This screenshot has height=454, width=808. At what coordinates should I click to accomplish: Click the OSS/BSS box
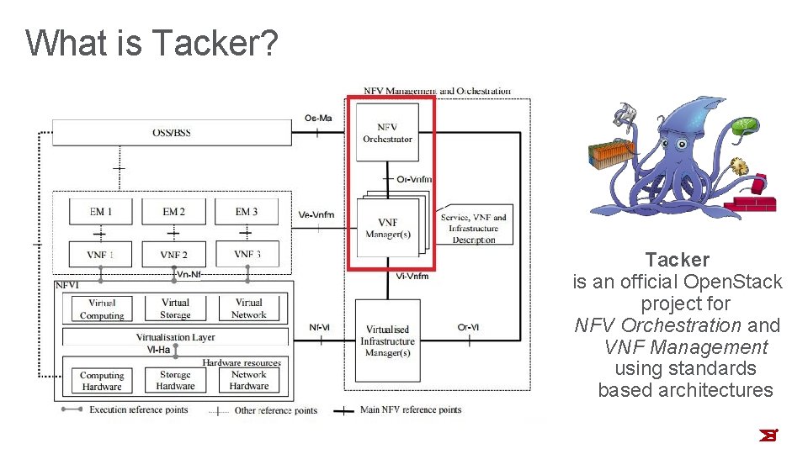click(x=172, y=132)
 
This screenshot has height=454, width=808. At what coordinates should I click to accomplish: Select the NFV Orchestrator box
click(x=387, y=133)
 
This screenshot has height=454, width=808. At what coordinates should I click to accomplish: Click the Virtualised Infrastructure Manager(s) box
click(x=387, y=341)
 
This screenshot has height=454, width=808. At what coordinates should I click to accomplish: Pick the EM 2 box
click(x=173, y=212)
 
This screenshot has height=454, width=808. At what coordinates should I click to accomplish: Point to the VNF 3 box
click(x=247, y=254)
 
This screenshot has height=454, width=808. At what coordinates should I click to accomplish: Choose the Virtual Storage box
click(x=175, y=309)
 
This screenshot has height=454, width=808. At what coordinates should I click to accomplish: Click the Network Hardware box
click(x=248, y=380)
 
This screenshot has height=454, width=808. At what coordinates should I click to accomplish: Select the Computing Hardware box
click(x=102, y=381)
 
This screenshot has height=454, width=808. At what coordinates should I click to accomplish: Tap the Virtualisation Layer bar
click(x=175, y=337)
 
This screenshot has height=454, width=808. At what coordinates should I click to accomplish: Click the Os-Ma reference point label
click(x=318, y=118)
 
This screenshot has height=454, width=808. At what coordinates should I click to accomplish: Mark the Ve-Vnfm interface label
click(x=316, y=214)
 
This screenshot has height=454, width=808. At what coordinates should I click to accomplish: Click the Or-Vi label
click(x=468, y=327)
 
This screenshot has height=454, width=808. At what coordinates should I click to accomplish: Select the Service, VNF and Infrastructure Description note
click(x=475, y=228)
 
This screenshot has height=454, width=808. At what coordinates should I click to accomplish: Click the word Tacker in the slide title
click(x=214, y=42)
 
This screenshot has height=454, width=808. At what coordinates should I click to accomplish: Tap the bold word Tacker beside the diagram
click(x=677, y=260)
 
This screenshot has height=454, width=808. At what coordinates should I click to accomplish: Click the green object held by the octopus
click(x=744, y=127)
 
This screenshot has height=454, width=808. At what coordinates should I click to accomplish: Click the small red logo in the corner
click(x=767, y=435)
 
